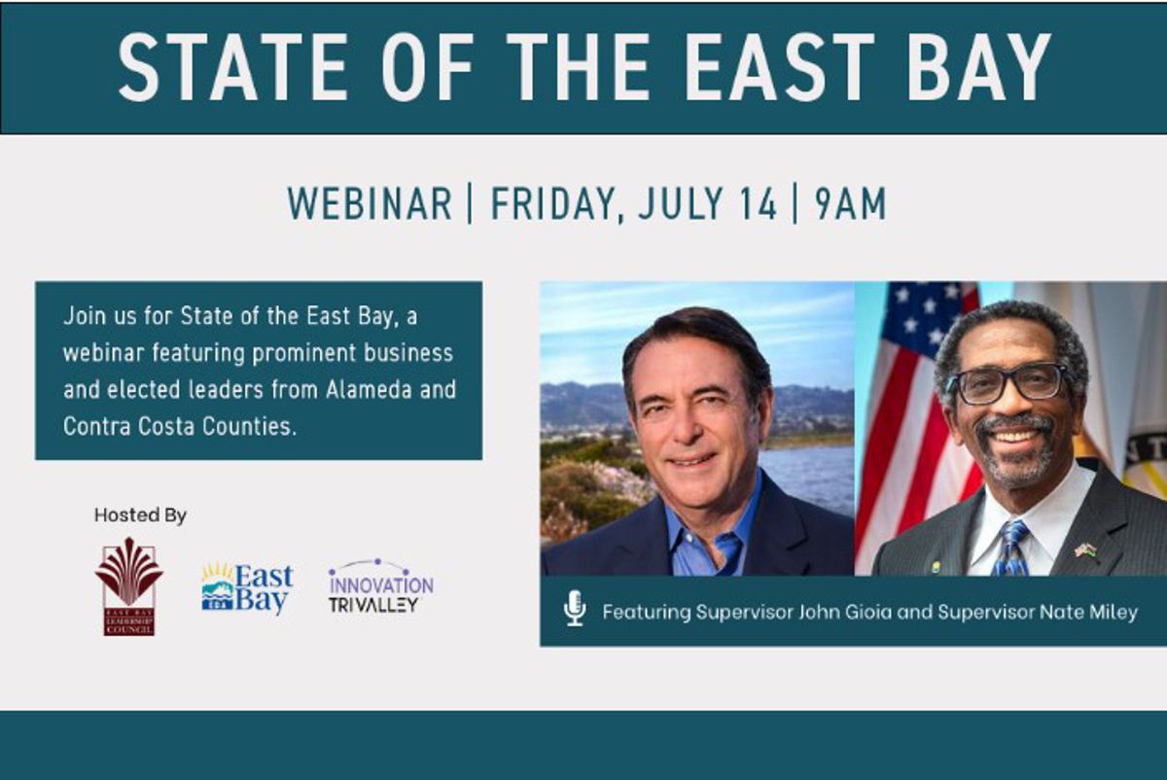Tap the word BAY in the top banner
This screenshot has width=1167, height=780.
click(x=979, y=66)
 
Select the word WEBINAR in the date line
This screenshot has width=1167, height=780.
click(x=370, y=203)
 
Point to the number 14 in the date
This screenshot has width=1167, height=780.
click(x=760, y=203)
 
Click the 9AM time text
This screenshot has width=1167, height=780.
click(x=850, y=203)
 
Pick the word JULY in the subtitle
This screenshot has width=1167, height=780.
click(x=682, y=203)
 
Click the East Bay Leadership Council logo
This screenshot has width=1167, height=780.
click(x=129, y=586)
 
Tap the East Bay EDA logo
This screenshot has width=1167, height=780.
click(x=247, y=587)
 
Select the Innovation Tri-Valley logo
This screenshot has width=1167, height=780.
click(x=381, y=586)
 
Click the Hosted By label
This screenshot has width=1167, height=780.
click(x=140, y=514)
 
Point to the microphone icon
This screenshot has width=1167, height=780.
click(x=575, y=608)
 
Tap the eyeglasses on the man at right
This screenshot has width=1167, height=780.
click(x=1009, y=384)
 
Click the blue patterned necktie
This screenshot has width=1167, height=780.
click(x=1011, y=548)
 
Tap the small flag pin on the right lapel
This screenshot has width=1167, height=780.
click(x=1085, y=550)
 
